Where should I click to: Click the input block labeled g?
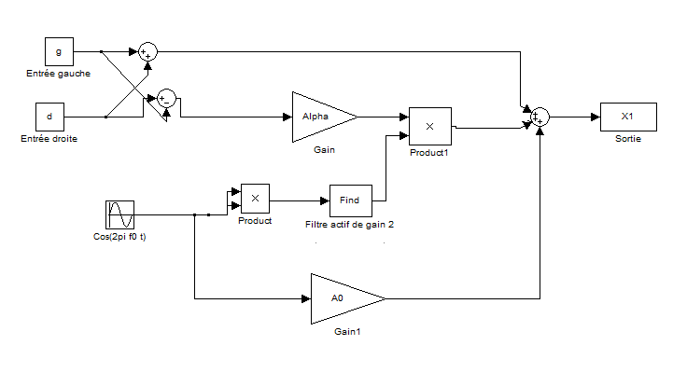(59, 52)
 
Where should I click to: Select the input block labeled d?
(49, 117)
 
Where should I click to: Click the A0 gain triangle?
(341, 298)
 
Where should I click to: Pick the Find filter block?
(350, 200)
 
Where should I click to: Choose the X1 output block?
(627, 117)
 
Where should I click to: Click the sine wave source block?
(121, 215)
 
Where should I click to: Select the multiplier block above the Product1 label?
(429, 125)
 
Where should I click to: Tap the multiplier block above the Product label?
(255, 198)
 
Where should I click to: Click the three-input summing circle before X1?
(540, 117)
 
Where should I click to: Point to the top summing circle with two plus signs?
(147, 52)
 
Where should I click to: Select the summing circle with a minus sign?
(165, 98)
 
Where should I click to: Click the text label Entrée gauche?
(59, 73)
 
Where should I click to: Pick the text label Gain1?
(347, 331)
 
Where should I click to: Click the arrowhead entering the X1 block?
(595, 117)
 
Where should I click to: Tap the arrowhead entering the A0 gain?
(306, 299)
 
